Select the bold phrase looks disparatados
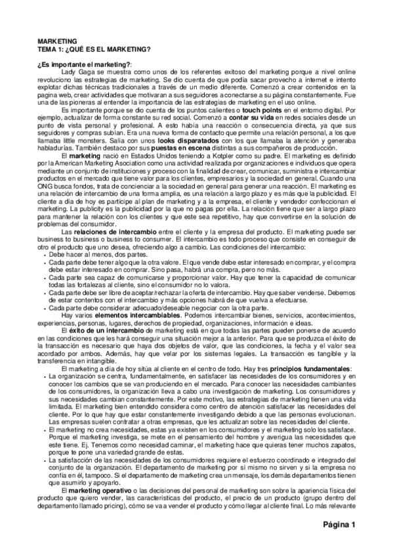186,141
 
